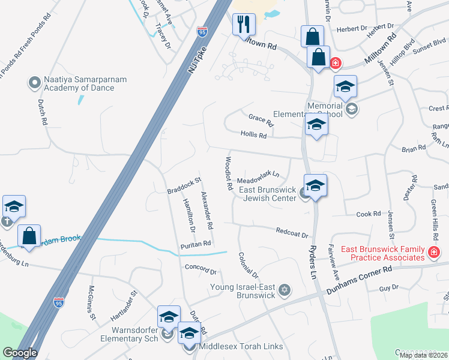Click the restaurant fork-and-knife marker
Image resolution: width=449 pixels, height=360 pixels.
click(x=244, y=25)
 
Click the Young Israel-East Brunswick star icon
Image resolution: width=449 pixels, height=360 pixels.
click(x=285, y=290)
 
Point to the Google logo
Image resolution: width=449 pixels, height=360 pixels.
click(x=19, y=353)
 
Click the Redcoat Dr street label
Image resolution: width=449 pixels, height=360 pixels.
click(x=292, y=232)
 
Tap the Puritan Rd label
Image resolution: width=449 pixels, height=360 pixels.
click(x=196, y=244)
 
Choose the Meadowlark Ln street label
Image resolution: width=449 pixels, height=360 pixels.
click(x=258, y=178)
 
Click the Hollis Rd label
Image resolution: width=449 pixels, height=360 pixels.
click(x=253, y=136)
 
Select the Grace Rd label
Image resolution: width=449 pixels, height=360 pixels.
click(x=261, y=120)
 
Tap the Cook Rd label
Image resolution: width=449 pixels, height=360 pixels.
click(x=369, y=214)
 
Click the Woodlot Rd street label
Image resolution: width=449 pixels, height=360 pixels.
click(x=228, y=173)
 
